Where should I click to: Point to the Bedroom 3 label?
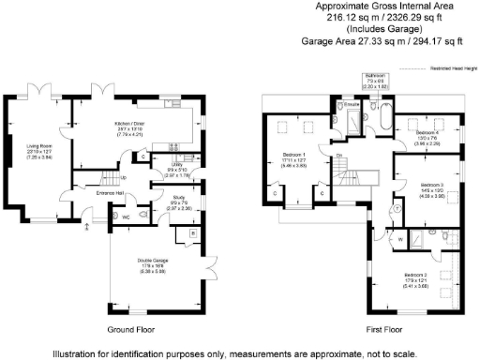(x=431, y=185)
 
